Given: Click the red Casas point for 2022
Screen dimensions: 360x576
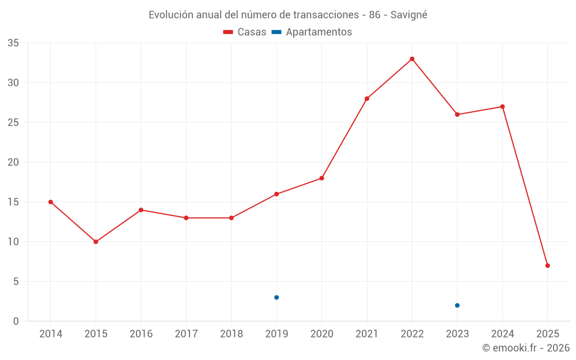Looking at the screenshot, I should pyautogui.click(x=412, y=59).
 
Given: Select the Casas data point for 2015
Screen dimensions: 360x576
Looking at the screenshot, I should pyautogui.click(x=96, y=242).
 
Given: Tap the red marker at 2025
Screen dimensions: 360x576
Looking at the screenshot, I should pyautogui.click(x=547, y=266).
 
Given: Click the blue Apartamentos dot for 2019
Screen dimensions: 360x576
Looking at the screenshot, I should pyautogui.click(x=276, y=297).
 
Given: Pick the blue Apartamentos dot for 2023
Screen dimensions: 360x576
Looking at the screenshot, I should pyautogui.click(x=457, y=305).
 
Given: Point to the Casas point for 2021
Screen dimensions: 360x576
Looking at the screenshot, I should pyautogui.click(x=367, y=98).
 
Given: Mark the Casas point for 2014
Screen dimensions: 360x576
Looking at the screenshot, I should pyautogui.click(x=51, y=202).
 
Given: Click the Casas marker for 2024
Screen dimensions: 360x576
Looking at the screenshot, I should pyautogui.click(x=502, y=107).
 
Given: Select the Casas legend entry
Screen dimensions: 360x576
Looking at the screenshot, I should pyautogui.click(x=245, y=32).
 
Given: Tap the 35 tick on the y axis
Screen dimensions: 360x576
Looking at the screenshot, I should pyautogui.click(x=13, y=43).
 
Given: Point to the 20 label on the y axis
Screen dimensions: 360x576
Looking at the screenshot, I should pyautogui.click(x=13, y=162).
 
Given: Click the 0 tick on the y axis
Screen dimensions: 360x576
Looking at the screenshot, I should pyautogui.click(x=16, y=321).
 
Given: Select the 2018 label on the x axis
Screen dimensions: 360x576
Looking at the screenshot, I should pyautogui.click(x=231, y=334).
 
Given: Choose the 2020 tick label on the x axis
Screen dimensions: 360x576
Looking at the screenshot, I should pyautogui.click(x=321, y=334).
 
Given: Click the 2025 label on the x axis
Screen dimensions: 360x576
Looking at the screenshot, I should pyautogui.click(x=547, y=334).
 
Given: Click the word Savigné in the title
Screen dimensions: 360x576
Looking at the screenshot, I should pyautogui.click(x=409, y=15).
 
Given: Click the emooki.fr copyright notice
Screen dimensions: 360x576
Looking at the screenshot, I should pyautogui.click(x=525, y=348).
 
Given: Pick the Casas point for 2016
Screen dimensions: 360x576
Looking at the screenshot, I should pyautogui.click(x=141, y=210).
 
